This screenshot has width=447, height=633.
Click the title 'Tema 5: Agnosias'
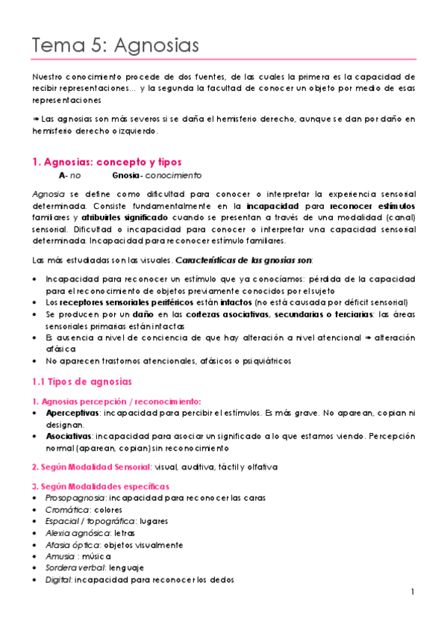(x=116, y=45)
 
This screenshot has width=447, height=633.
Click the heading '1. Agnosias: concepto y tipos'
(x=107, y=162)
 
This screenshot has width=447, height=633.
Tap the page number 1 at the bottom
(x=412, y=592)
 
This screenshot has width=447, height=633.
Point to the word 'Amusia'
(x=59, y=556)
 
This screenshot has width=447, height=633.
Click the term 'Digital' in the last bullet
(x=57, y=580)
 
